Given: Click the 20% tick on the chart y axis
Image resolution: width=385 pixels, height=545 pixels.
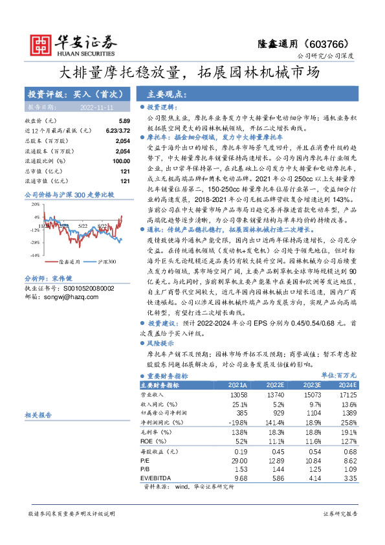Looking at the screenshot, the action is tap(36, 208).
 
